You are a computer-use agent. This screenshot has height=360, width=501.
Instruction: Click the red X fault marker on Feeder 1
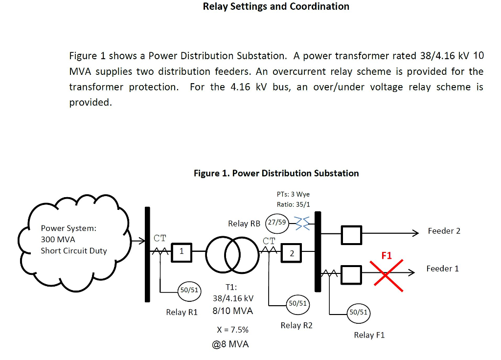click(386, 276)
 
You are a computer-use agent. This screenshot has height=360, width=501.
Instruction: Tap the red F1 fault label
click(387, 256)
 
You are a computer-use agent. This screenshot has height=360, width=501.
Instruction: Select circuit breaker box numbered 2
click(292, 253)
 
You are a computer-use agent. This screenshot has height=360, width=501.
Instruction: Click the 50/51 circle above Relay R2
click(297, 303)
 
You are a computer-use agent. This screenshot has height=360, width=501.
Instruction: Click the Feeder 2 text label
click(444, 231)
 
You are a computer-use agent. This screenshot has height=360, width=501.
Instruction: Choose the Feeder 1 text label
click(442, 269)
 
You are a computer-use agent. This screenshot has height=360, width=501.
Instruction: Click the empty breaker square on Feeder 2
click(351, 235)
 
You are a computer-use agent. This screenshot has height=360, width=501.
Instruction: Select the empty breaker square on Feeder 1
click(351, 273)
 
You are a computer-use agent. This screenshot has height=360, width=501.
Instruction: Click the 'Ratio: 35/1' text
click(293, 204)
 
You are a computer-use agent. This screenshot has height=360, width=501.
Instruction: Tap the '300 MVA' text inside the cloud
click(58, 239)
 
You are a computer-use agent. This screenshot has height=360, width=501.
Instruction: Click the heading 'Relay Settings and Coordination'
click(276, 6)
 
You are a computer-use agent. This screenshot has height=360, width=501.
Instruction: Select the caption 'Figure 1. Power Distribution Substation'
click(276, 173)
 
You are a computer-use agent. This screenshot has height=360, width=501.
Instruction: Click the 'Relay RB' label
click(244, 224)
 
